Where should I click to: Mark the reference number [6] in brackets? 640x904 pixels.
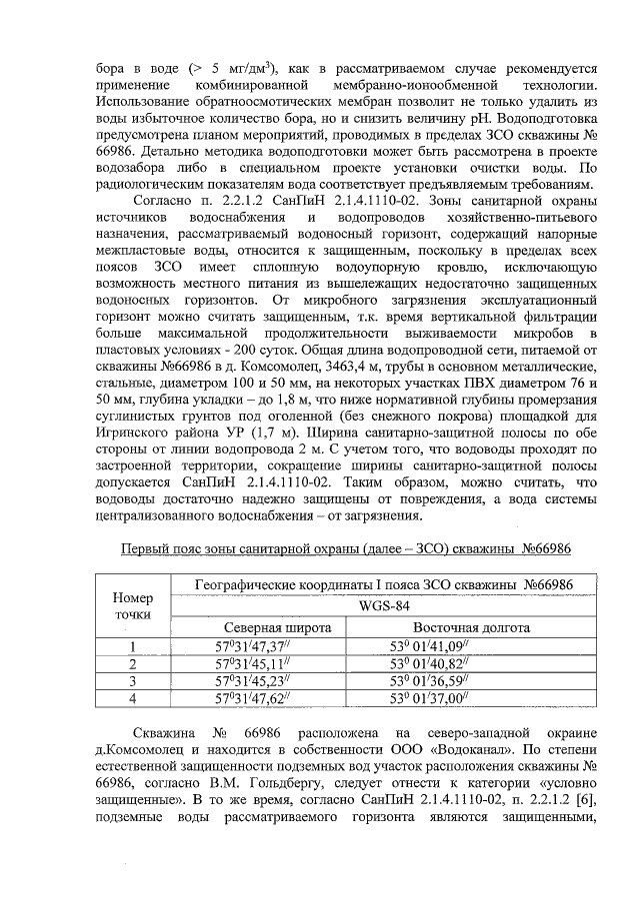(586, 822)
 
